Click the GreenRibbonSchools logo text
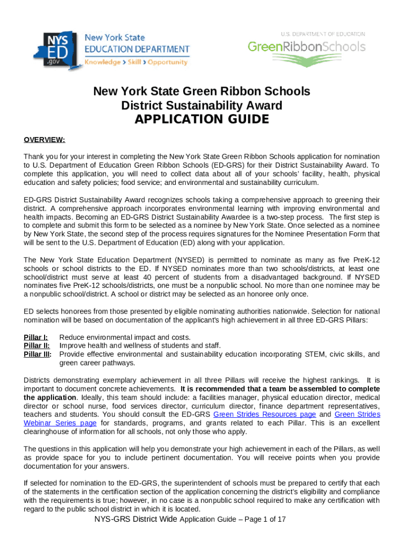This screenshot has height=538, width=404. point(306,47)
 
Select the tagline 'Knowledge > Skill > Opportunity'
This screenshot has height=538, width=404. point(137,62)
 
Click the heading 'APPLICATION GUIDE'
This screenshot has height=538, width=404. point(201,120)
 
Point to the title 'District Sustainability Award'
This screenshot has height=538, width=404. point(201,106)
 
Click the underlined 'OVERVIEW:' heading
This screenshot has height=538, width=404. point(45,139)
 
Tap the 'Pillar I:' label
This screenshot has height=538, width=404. point(36,337)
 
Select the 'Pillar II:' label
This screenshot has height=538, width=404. point(37,346)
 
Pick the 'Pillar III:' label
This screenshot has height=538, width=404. point(38,354)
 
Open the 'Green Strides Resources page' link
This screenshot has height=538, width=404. point(264,415)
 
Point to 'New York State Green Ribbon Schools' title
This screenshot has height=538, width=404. point(201,91)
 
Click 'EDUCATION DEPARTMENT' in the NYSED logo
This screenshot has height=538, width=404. point(137,49)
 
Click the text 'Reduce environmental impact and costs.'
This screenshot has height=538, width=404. point(125,337)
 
